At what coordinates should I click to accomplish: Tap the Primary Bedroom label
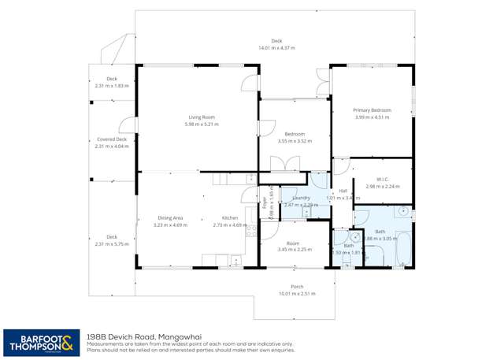pos(372,110)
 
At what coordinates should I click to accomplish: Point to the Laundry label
pos(300,198)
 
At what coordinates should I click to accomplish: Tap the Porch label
pos(296,286)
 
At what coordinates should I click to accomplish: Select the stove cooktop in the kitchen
pos(251,231)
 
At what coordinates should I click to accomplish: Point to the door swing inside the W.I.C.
pos(340,166)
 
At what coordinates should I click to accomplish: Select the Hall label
pos(343,191)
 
